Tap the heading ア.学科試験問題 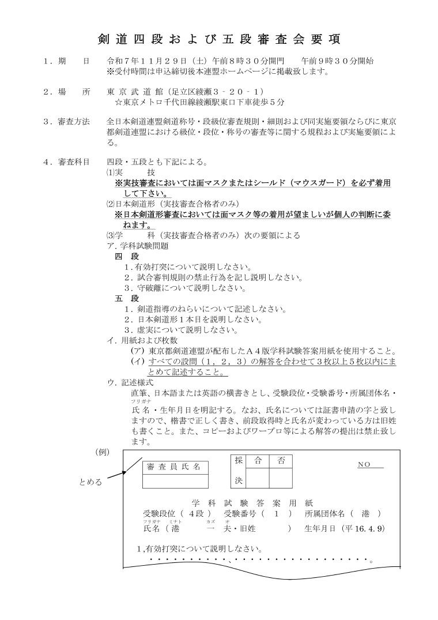(138, 246)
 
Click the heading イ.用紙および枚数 (142, 340)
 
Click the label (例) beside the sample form (102, 452)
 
